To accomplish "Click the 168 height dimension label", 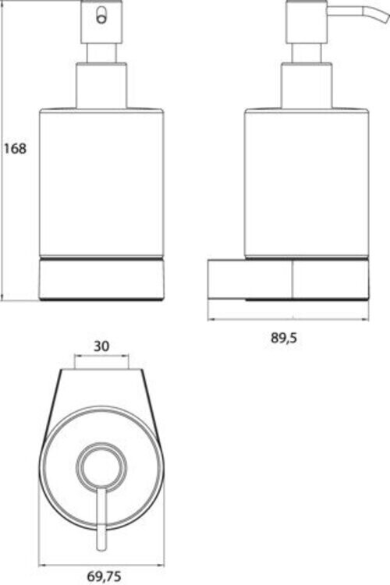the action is pyautogui.click(x=15, y=148).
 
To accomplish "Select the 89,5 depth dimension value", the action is pyautogui.click(x=284, y=338).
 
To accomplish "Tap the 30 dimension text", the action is pyautogui.click(x=101, y=346).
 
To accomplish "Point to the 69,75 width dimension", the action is pyautogui.click(x=104, y=576).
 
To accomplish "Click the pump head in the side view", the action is pyautogui.click(x=307, y=21).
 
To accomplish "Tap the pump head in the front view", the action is pyautogui.click(x=101, y=21).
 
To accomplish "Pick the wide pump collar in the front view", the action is pyautogui.click(x=101, y=86).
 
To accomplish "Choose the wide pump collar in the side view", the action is pyautogui.click(x=307, y=86).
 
